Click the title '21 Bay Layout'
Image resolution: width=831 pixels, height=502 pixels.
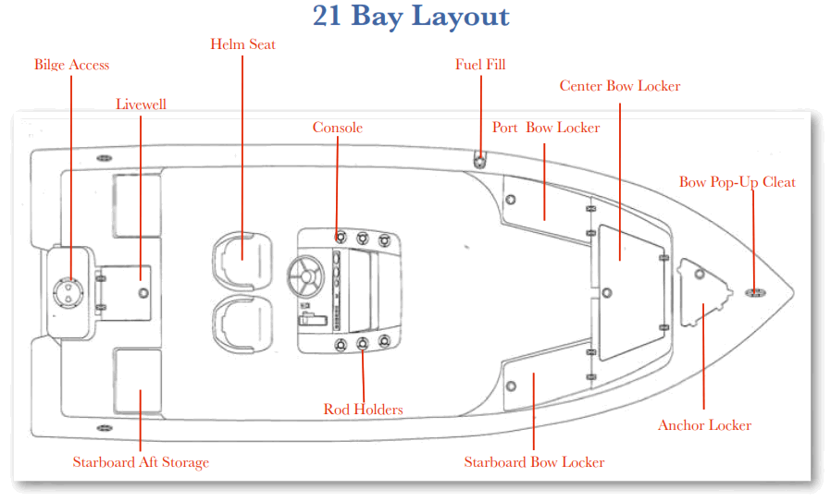click(411, 17)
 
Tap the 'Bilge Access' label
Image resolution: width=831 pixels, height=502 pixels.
click(71, 65)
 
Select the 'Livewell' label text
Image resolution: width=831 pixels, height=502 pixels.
click(141, 104)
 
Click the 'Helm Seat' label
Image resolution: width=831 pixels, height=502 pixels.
click(242, 44)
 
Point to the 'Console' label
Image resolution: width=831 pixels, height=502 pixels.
click(337, 128)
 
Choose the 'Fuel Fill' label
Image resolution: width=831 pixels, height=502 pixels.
click(480, 65)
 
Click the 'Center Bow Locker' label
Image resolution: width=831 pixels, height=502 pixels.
click(619, 86)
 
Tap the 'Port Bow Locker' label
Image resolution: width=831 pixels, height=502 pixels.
click(545, 128)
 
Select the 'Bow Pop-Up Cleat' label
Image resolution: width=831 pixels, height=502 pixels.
click(737, 182)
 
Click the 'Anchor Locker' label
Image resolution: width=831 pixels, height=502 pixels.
click(704, 425)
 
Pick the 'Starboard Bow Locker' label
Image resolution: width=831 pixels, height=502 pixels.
click(534, 462)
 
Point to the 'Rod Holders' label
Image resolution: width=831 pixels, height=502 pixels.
click(363, 409)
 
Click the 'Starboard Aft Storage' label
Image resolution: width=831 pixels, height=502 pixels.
click(141, 462)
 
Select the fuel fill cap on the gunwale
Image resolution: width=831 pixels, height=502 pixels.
click(480, 159)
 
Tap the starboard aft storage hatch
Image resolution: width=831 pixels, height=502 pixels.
click(137, 379)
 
